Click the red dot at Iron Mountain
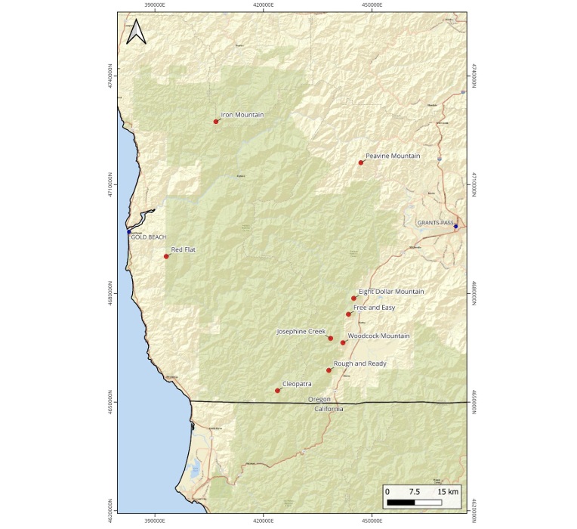click(216, 121)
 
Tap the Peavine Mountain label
click(393, 156)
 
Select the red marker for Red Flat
click(166, 256)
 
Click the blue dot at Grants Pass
click(455, 226)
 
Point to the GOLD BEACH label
click(149, 237)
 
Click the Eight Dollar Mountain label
click(391, 292)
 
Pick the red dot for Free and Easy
click(348, 314)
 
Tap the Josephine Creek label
click(301, 332)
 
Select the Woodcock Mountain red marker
click(343, 343)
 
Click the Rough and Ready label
click(359, 363)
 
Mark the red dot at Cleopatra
click(278, 391)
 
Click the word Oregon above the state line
click(319, 398)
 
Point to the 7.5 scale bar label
click(415, 491)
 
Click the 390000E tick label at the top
click(156, 5)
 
